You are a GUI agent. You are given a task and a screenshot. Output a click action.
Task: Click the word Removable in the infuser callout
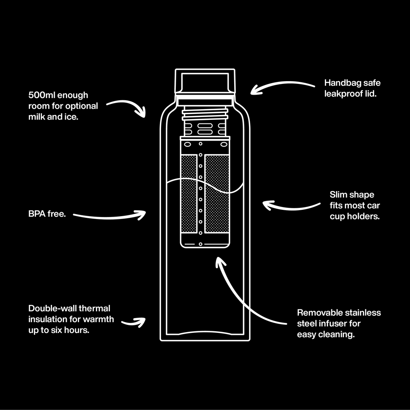[317, 312]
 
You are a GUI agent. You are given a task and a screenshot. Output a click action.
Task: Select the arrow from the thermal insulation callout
[133, 322]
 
